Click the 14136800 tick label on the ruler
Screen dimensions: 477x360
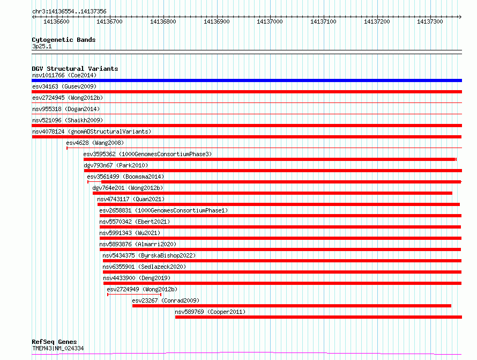point(163,21)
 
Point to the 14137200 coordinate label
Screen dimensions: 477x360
point(377,21)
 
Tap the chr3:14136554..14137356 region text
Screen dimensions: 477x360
point(69,12)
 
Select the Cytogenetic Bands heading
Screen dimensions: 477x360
point(64,40)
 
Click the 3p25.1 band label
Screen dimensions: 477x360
point(42,46)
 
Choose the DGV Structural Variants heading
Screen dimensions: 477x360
point(75,69)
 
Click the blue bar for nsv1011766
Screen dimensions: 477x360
point(247,80)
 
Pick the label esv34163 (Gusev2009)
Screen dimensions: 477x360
point(64,86)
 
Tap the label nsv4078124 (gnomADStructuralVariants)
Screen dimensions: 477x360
point(92,131)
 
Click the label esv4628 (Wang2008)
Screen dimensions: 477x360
point(95,143)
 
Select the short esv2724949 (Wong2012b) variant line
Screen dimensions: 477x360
point(134,295)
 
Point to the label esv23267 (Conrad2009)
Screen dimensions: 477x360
point(166,300)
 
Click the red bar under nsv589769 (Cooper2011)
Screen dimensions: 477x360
point(318,317)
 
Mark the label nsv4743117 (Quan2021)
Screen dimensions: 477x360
point(131,199)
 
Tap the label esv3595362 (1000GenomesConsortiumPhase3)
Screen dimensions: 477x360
point(147,154)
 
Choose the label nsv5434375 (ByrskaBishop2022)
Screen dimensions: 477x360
point(149,255)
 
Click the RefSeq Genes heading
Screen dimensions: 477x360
point(54,342)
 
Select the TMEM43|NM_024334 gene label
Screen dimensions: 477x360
point(58,348)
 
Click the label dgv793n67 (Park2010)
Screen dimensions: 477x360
point(116,165)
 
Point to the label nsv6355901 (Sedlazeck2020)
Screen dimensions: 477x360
point(144,267)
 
